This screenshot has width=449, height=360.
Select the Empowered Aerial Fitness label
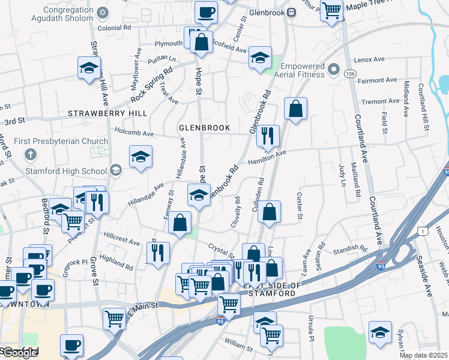[300, 68]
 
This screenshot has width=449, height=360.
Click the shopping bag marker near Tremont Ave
[295, 109]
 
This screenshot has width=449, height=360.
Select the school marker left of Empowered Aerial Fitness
[260, 58]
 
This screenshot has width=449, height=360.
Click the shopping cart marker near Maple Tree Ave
[331, 10]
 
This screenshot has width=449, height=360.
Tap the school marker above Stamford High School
[140, 157]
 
